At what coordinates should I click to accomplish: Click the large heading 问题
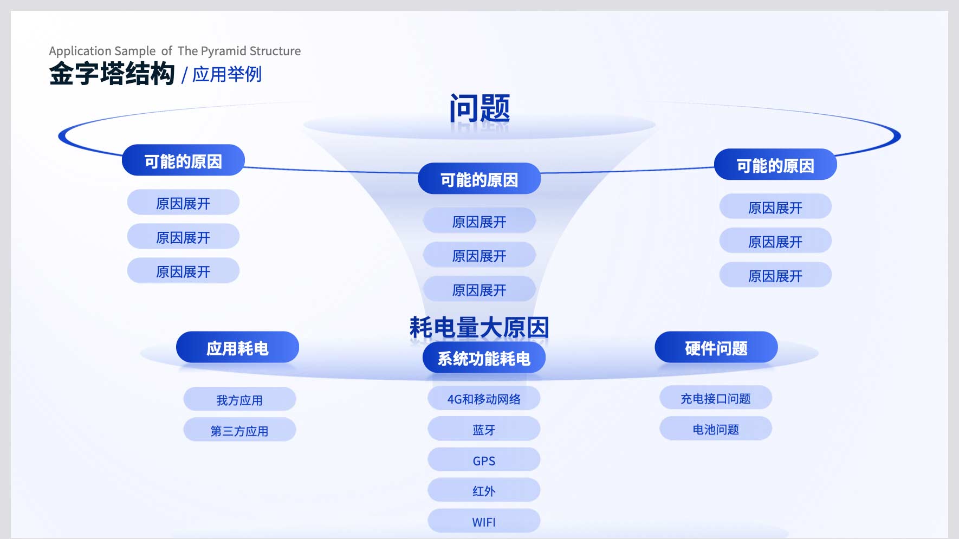(x=479, y=108)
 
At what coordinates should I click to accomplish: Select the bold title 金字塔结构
(x=112, y=74)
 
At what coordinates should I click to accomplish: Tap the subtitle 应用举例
(x=227, y=74)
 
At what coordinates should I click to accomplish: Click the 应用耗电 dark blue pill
(x=237, y=347)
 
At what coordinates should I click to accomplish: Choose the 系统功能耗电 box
(x=484, y=358)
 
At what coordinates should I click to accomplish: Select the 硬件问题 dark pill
(x=716, y=347)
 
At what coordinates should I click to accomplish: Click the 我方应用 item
(x=239, y=400)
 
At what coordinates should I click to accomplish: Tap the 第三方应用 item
(x=239, y=431)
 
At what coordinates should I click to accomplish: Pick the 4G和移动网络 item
(x=484, y=399)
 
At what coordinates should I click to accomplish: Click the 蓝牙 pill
(x=484, y=430)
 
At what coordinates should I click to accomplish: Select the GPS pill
(x=484, y=460)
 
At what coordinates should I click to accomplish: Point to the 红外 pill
(x=484, y=491)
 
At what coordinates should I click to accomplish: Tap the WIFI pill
(x=484, y=522)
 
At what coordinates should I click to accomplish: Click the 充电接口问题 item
(x=716, y=398)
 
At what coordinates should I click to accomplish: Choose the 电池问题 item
(x=716, y=429)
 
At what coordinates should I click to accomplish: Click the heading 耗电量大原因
(x=479, y=327)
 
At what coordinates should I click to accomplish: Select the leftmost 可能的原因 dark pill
(x=183, y=160)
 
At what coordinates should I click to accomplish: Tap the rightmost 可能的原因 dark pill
(x=775, y=165)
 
